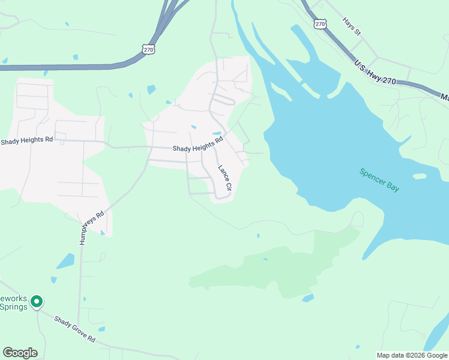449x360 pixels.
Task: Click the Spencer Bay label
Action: tap(379, 180)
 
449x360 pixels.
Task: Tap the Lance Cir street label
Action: tap(224, 178)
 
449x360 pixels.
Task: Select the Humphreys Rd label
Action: tap(92, 227)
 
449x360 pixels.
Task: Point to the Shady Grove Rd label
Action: tap(74, 330)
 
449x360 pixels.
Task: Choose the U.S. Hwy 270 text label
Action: tap(375, 73)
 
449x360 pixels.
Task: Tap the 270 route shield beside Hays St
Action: tap(319, 23)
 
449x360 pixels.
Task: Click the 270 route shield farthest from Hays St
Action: tap(149, 49)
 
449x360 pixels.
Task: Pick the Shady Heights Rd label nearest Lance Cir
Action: tap(197, 145)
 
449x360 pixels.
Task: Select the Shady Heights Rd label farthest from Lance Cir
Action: tap(26, 140)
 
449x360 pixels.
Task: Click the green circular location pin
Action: tap(37, 301)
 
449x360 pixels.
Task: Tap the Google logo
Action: tap(20, 353)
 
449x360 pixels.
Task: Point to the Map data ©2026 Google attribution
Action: tap(412, 355)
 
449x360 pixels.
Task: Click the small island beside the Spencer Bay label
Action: tap(420, 176)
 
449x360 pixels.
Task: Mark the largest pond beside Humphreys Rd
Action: tap(65, 261)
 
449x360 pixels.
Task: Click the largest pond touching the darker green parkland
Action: tap(308, 298)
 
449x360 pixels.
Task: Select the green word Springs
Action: tap(13, 307)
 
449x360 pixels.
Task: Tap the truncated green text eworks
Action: tap(13, 298)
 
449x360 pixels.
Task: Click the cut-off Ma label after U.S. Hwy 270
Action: tap(444, 97)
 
